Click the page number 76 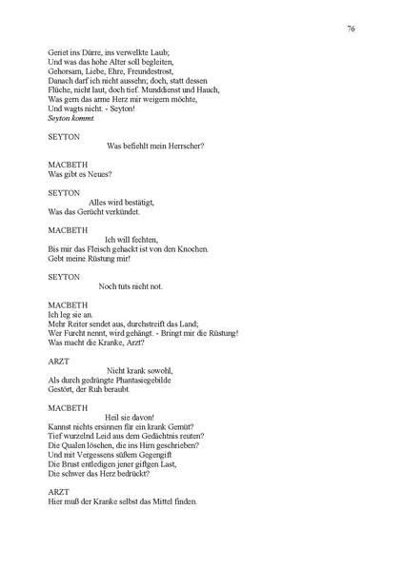[352, 29]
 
